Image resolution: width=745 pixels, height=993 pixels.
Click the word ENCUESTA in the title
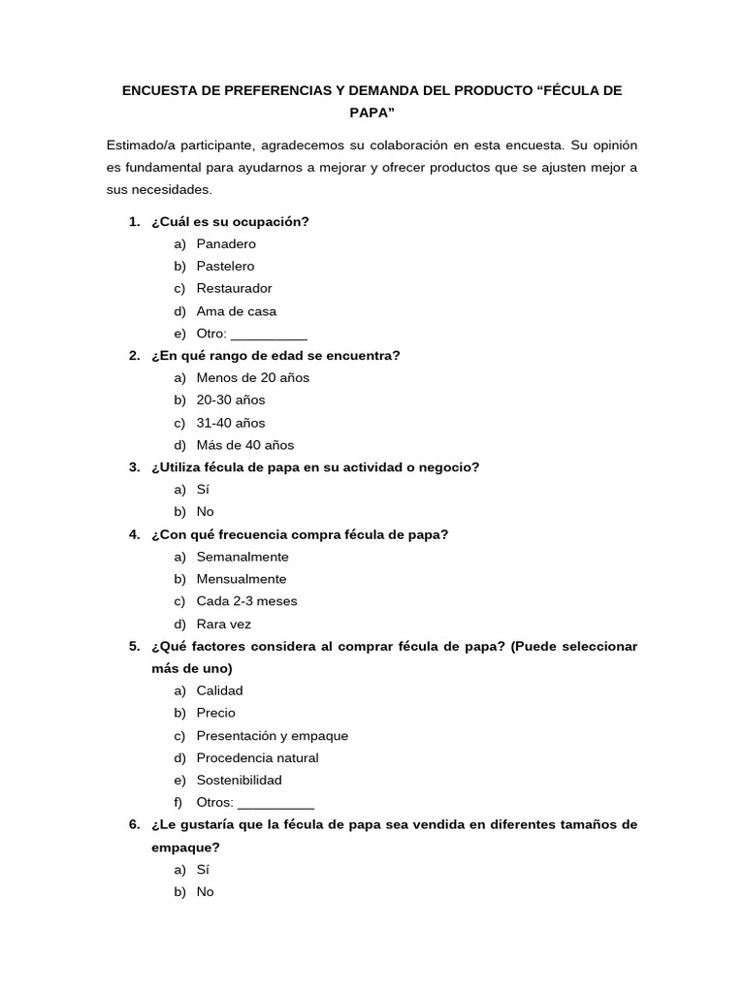[155, 90]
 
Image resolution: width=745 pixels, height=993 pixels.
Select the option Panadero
[226, 244]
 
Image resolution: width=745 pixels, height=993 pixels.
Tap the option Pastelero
[225, 267]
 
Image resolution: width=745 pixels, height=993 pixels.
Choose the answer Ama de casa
[236, 311]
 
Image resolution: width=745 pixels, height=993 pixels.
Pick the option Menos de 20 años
[252, 378]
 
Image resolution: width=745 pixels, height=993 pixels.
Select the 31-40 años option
[230, 423]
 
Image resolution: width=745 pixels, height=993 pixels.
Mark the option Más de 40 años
[244, 445]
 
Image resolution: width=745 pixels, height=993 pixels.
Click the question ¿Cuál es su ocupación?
[230, 222]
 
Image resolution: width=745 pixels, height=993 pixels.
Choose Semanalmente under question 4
[243, 557]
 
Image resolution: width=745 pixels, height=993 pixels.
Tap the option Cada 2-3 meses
[246, 601]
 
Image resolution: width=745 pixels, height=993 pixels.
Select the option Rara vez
[223, 625]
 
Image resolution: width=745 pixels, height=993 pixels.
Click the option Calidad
[219, 690]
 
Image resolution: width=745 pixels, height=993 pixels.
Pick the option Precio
[215, 713]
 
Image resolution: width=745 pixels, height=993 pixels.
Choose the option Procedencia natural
[257, 758]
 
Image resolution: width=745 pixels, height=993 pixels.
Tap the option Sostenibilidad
[239, 781]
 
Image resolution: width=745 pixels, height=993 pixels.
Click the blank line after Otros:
[275, 804]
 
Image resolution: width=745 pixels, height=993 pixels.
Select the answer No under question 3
[205, 512]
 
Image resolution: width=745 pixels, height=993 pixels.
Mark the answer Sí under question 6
[203, 870]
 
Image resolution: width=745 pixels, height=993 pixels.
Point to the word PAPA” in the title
[372, 112]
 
